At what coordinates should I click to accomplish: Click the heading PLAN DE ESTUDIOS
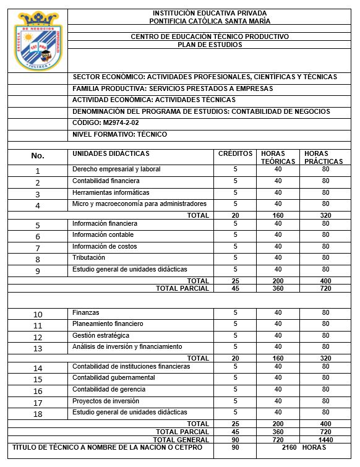click(210, 45)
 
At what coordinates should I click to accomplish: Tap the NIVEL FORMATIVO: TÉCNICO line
click(119, 134)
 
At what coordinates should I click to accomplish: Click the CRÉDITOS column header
click(235, 153)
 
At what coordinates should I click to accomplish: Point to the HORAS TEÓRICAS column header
click(278, 157)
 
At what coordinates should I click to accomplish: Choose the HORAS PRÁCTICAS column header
click(324, 157)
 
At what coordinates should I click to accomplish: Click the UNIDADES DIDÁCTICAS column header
click(111, 153)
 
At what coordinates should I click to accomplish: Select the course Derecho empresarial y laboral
click(116, 169)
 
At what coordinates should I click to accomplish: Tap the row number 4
click(38, 205)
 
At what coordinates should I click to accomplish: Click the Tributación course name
click(88, 257)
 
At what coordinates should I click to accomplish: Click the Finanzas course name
click(85, 313)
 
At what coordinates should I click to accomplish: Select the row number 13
click(38, 348)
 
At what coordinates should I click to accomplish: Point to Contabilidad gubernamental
click(114, 378)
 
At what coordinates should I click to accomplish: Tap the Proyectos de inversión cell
click(105, 401)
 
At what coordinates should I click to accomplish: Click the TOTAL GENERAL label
click(185, 439)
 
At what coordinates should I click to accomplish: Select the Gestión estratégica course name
click(101, 335)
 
